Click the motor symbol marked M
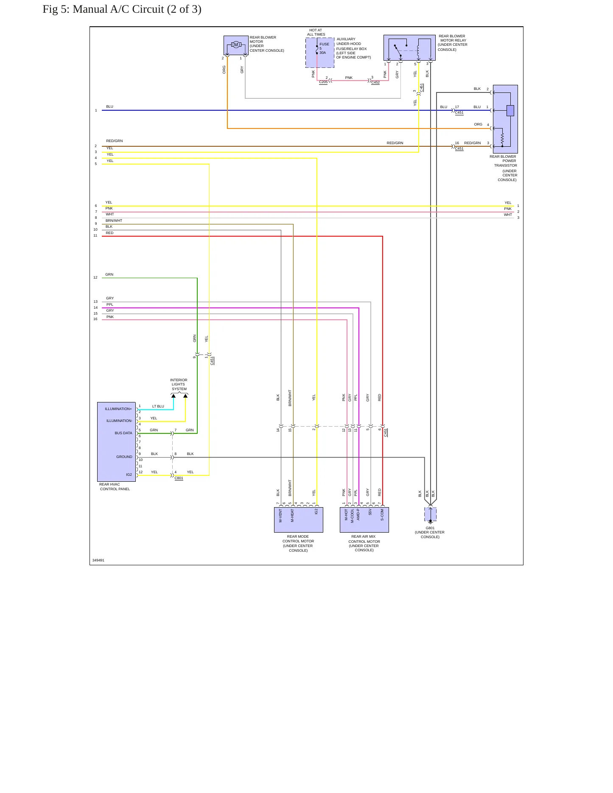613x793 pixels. [x=236, y=45]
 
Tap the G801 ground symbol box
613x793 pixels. [x=430, y=514]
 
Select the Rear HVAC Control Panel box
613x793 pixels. [x=117, y=442]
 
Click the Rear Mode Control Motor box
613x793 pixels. [x=299, y=520]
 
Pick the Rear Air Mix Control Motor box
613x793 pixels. [x=364, y=520]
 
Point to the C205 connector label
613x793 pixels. [x=323, y=82]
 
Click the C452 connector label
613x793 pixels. [x=375, y=83]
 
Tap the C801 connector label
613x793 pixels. [x=179, y=478]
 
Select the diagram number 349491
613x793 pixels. [x=98, y=560]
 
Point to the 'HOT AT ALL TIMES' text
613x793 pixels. [x=316, y=32]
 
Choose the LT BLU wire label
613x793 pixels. [x=158, y=406]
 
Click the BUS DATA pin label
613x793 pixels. [x=123, y=433]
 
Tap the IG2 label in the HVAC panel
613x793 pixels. [x=129, y=475]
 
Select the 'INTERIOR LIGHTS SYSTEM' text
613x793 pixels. [x=179, y=384]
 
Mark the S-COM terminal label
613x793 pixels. [x=382, y=515]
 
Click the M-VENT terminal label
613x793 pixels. [x=280, y=516]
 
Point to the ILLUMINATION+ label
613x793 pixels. [x=118, y=409]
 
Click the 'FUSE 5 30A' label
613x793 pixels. [x=324, y=48]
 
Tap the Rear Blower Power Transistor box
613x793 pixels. [x=505, y=119]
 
